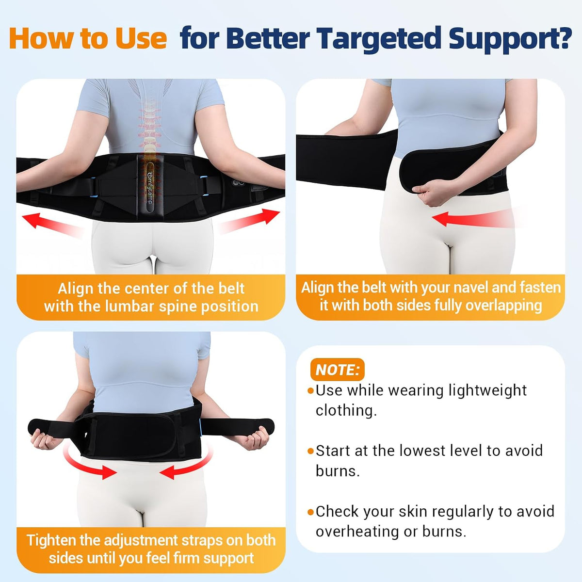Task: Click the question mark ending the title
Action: [563, 38]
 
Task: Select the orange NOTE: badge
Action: [337, 370]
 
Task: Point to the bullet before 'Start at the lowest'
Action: [310, 452]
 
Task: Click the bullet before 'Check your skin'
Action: [310, 512]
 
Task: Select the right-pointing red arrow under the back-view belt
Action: [249, 221]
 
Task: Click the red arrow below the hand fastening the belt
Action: [473, 219]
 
